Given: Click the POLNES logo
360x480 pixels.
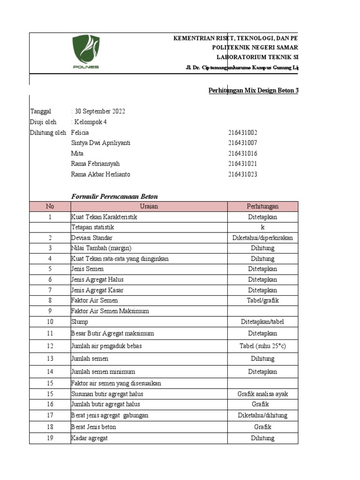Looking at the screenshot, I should (x=85, y=52).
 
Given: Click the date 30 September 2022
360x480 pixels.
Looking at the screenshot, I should (x=99, y=112).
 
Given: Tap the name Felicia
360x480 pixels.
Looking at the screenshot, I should (x=80, y=133).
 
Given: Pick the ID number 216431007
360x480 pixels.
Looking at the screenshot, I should (x=243, y=143).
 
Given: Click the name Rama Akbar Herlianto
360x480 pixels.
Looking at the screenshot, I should (x=100, y=174).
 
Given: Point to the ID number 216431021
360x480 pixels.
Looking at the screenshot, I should (x=243, y=164).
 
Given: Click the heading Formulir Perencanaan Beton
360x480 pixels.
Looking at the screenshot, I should (x=114, y=196).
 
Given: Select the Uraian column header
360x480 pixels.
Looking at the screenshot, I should (x=149, y=206).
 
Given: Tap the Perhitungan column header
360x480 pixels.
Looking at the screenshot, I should (x=262, y=206).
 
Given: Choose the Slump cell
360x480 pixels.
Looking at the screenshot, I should (x=80, y=322).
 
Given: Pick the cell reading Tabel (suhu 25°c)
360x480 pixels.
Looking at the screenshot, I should (x=262, y=346).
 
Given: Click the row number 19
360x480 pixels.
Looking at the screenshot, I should (x=50, y=438).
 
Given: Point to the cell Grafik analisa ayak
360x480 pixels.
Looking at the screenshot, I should (x=262, y=394).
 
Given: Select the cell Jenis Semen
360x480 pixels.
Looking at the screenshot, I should (x=87, y=269).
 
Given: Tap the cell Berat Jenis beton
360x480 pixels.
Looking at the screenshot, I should (x=93, y=427).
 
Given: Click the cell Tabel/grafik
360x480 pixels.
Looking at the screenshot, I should (x=262, y=300).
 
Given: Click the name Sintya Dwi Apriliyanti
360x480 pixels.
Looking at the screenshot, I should (x=100, y=143).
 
